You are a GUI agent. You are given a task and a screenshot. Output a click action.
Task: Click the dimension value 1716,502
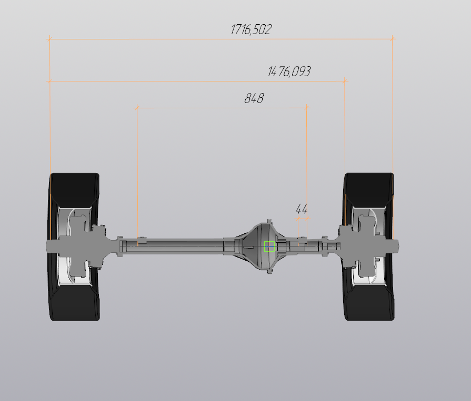point(251,29)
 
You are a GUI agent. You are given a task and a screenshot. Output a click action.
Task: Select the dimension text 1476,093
point(289,71)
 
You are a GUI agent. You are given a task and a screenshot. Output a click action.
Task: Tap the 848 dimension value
point(254,98)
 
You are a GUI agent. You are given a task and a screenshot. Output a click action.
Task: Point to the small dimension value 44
point(302,209)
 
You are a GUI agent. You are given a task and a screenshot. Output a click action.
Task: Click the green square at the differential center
point(269,246)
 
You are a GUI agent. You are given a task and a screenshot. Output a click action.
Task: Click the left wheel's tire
point(74,246)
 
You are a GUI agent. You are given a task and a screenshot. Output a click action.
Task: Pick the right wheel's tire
point(368,246)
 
